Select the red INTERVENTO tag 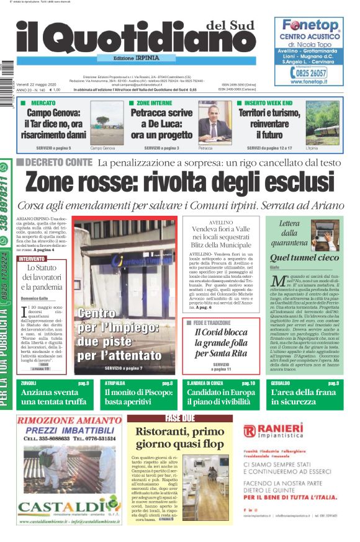point(32,259)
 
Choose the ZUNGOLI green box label point(29,384)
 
